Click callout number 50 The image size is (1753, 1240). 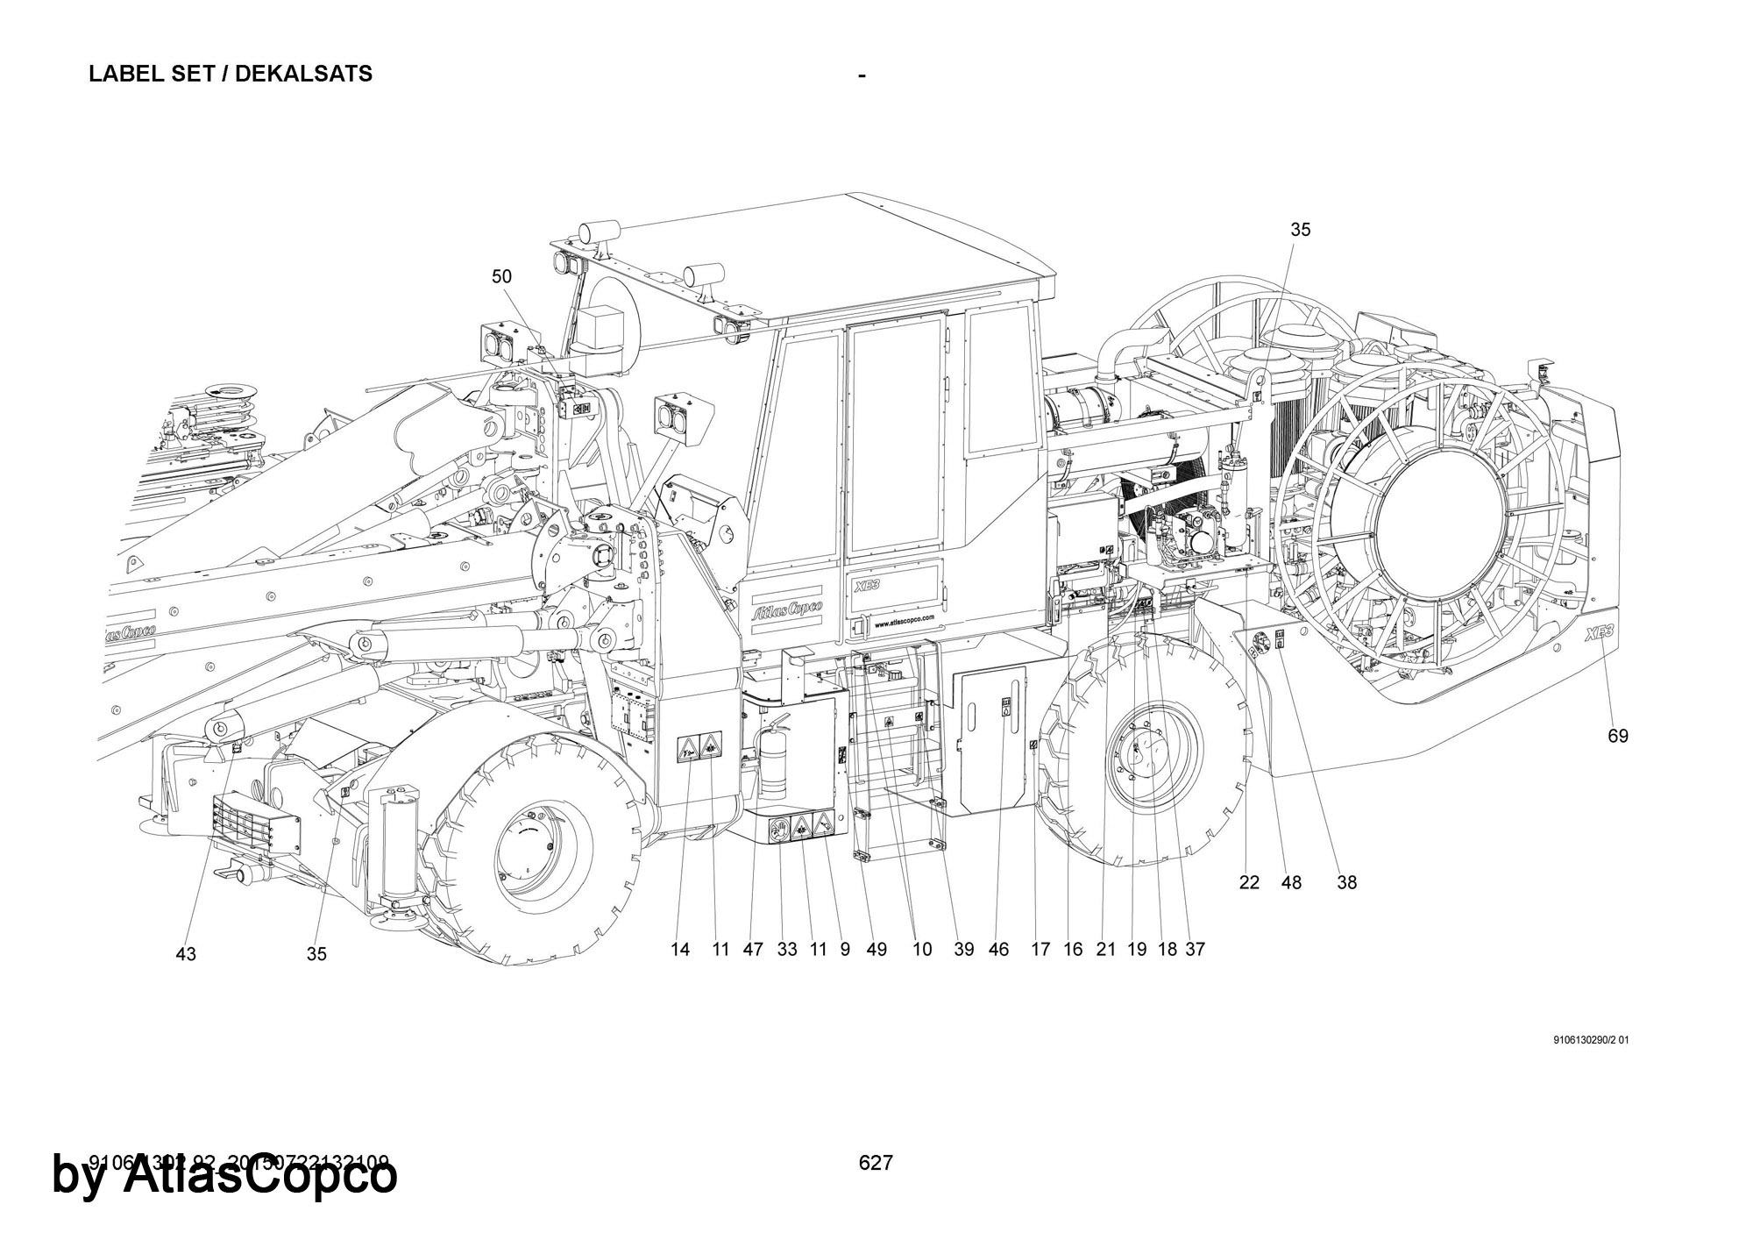pyautogui.click(x=500, y=276)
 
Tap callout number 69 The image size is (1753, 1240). pyautogui.click(x=1617, y=736)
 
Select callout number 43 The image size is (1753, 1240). pyautogui.click(x=186, y=954)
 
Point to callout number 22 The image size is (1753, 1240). pyautogui.click(x=1249, y=883)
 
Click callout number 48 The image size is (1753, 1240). pyautogui.click(x=1291, y=883)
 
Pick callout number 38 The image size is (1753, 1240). pyautogui.click(x=1346, y=883)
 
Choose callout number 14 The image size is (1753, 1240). pyautogui.click(x=680, y=949)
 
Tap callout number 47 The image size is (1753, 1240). pyautogui.click(x=753, y=949)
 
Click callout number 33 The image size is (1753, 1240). pyautogui.click(x=786, y=949)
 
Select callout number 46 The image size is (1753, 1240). pyautogui.click(x=998, y=949)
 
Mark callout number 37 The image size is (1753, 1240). pyautogui.click(x=1195, y=949)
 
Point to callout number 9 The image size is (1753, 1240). pyautogui.click(x=845, y=949)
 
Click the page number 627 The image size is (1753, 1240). pyautogui.click(x=876, y=1163)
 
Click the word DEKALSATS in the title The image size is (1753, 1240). pyautogui.click(x=303, y=74)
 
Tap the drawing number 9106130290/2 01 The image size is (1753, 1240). pyautogui.click(x=1590, y=1041)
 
